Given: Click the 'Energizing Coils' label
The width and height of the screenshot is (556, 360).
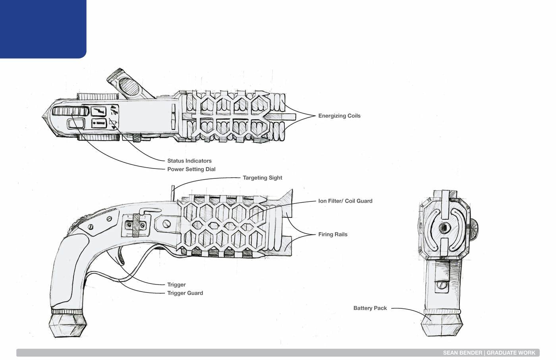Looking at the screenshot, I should [339, 116].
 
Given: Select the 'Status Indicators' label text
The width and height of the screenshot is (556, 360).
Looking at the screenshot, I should [189, 161].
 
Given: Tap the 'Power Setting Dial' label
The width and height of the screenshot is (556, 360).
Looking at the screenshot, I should [191, 169].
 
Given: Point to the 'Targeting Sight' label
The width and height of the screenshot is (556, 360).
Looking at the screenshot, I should [262, 178].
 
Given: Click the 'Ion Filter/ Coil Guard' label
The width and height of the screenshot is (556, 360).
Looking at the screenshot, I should [345, 201].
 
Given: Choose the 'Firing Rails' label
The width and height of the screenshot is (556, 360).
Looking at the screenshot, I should [332, 234].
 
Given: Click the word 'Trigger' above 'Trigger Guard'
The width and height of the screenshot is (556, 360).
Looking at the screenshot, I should [176, 285].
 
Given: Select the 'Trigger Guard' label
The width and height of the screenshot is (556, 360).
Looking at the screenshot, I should [185, 293].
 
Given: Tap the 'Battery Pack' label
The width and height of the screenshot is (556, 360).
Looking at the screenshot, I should [370, 308].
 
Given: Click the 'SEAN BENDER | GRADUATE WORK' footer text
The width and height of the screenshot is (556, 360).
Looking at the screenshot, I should [489, 353].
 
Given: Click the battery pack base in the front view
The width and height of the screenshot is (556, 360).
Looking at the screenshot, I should [442, 324].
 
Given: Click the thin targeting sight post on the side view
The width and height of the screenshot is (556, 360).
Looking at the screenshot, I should [173, 193].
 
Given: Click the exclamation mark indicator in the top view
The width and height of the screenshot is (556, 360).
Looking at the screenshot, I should [99, 124].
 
